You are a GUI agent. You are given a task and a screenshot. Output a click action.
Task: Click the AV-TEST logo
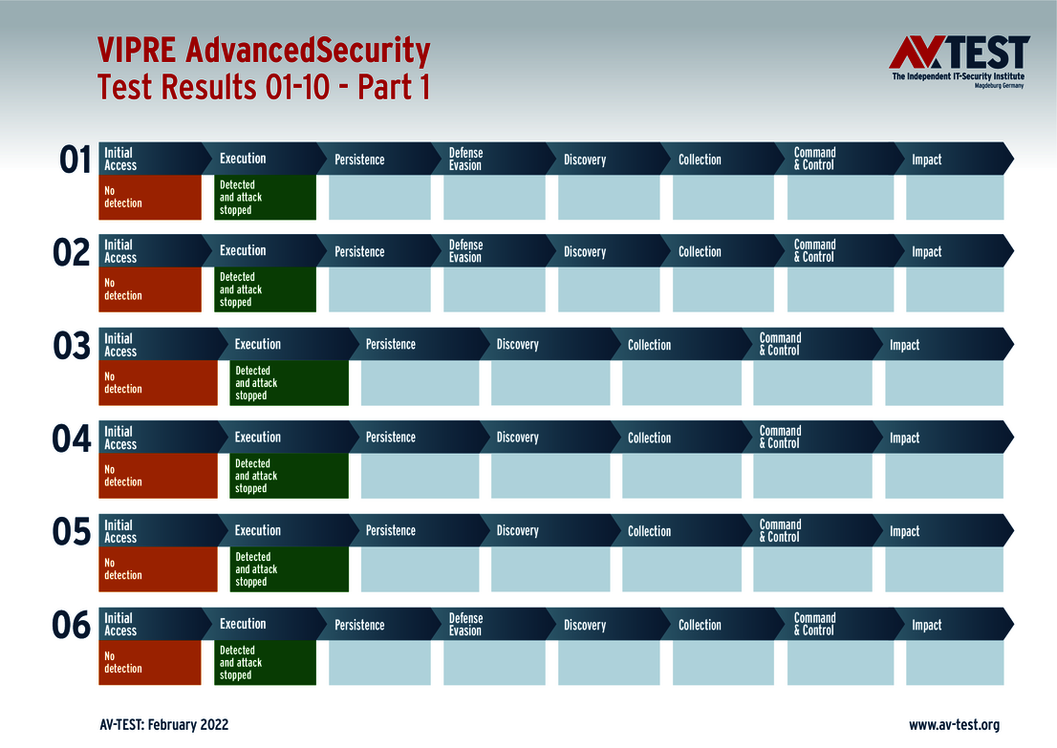959,61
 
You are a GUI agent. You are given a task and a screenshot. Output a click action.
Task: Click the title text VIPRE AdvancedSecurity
264,50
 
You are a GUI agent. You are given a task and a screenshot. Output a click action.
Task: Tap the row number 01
75,160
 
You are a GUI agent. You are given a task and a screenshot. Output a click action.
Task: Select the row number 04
72,439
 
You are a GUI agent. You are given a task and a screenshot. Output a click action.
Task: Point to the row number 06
72,626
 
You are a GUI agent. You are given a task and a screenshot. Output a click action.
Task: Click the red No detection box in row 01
150,198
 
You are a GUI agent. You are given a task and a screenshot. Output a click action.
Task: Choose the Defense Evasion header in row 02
466,251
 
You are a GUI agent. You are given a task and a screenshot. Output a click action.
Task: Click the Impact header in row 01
927,160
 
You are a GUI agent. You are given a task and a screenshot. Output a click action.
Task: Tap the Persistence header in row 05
391,530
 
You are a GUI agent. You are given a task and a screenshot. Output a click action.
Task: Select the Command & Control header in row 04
781,438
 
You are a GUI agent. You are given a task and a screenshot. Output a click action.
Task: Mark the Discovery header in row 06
585,625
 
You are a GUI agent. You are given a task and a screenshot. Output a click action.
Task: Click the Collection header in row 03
650,345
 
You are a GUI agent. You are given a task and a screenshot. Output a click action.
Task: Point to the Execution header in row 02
243,251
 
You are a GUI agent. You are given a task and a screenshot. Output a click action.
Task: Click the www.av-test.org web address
954,725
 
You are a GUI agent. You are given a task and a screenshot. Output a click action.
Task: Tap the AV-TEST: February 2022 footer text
163,725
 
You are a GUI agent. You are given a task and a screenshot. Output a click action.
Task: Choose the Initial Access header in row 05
120,531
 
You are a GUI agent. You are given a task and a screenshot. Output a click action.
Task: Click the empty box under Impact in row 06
955,663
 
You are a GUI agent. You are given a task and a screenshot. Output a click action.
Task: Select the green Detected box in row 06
266,663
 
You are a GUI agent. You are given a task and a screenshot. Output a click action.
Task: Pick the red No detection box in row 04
158,476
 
